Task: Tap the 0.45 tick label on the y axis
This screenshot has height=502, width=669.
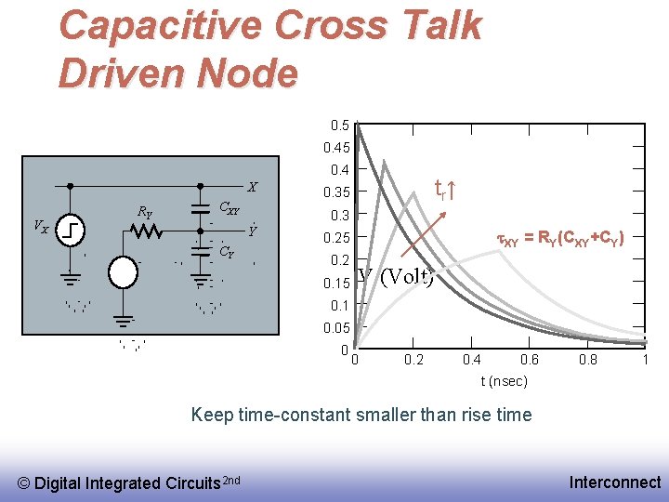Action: (335, 147)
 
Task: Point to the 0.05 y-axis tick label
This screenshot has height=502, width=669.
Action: (335, 328)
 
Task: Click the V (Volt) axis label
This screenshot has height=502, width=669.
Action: (395, 277)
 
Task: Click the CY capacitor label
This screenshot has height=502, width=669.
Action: (226, 251)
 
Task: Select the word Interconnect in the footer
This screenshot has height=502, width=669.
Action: (615, 482)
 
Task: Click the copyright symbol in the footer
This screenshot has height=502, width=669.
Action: (25, 482)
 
